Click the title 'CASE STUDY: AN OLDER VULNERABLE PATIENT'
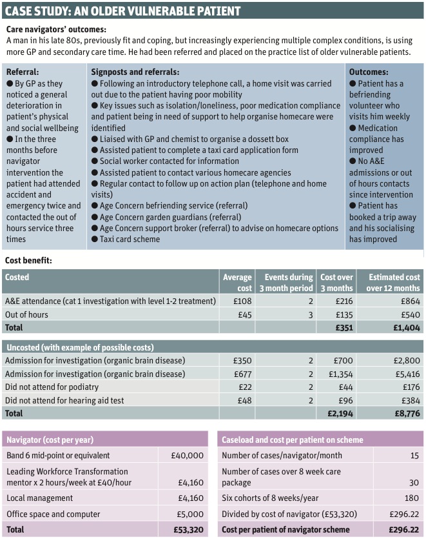click(122, 10)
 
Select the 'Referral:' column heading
click(23, 72)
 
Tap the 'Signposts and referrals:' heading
click(135, 72)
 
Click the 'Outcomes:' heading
click(368, 72)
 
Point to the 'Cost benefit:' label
click(28, 261)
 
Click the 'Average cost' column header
click(237, 282)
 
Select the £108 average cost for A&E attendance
click(242, 301)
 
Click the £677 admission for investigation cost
click(242, 374)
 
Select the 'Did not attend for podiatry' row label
click(55, 387)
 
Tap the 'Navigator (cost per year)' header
click(50, 440)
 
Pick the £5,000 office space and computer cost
click(189, 514)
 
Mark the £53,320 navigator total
click(188, 529)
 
